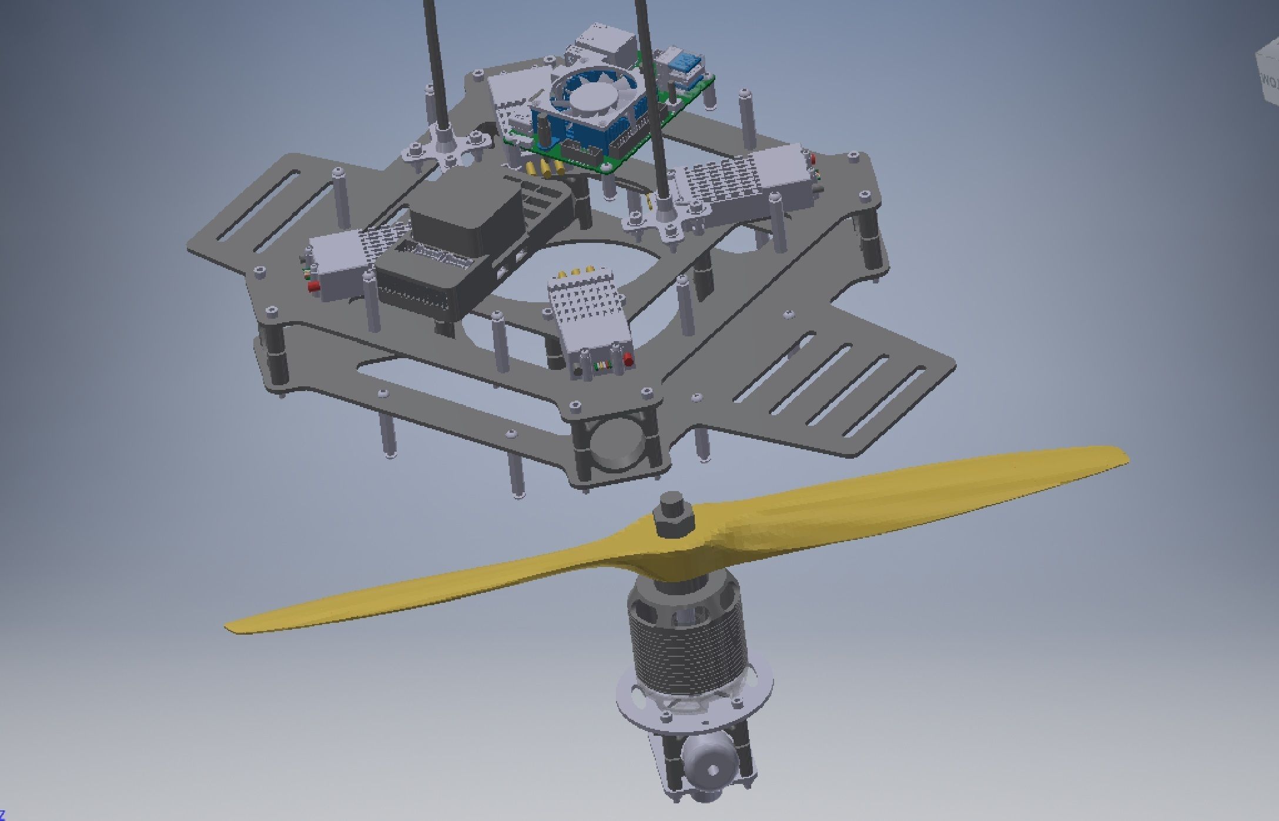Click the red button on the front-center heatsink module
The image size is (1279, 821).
click(x=628, y=359)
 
